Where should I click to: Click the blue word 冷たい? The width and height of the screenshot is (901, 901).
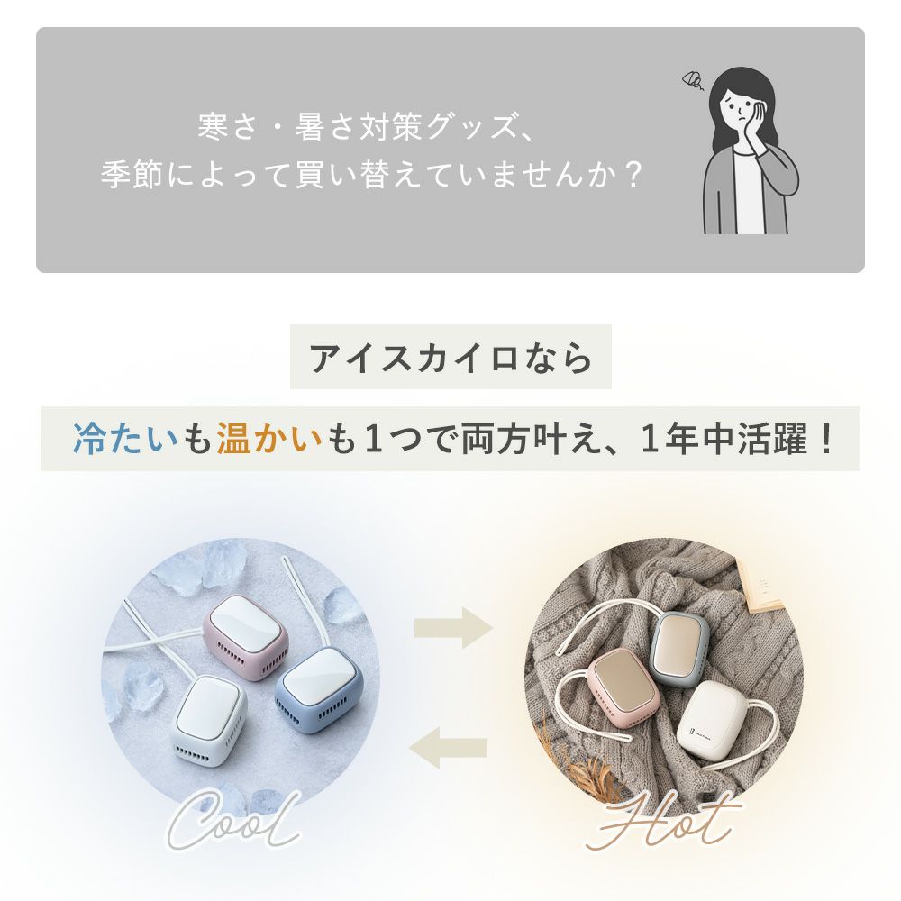tap(125, 439)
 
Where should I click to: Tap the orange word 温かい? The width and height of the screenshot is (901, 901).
tap(269, 439)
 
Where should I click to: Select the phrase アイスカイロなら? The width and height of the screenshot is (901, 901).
tap(450, 358)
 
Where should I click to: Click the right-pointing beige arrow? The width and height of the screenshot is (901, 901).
tap(453, 627)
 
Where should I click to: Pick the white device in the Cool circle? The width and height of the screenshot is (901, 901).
tap(209, 721)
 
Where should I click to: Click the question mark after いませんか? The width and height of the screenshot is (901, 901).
tap(633, 175)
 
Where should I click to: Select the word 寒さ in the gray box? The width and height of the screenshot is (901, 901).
tap(227, 126)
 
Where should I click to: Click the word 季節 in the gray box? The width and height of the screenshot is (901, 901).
tap(132, 174)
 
